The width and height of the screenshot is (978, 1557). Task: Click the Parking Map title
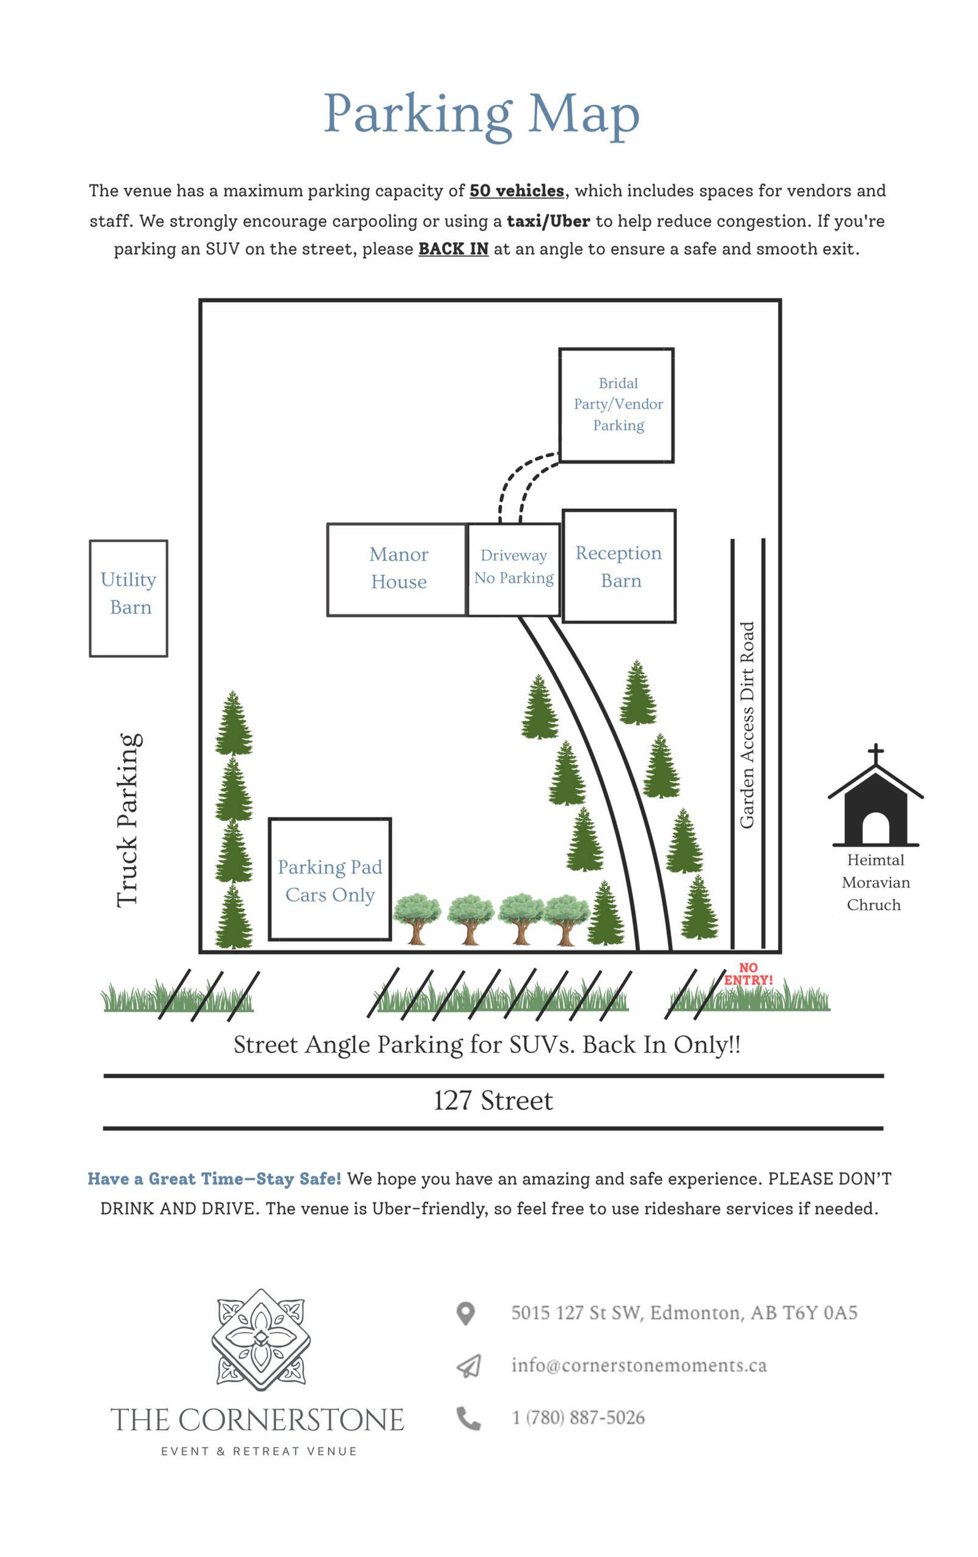482,114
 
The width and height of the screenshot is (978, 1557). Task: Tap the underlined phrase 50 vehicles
517,191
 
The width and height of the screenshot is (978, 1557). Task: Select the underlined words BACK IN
453,249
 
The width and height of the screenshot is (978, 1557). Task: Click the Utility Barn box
128,598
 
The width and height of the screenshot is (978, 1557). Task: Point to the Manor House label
398,568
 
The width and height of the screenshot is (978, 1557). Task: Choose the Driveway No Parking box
513,569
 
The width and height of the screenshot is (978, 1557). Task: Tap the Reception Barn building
619,566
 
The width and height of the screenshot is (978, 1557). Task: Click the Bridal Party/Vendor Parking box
617,405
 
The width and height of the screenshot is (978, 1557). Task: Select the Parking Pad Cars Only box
329,879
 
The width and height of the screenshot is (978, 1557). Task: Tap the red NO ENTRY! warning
748,973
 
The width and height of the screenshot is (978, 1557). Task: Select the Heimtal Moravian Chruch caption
875,882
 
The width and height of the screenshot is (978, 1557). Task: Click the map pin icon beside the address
465,1313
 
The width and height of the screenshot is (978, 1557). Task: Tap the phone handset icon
468,1418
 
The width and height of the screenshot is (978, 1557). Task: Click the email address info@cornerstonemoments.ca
639,1365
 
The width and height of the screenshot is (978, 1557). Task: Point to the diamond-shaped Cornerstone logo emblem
260,1339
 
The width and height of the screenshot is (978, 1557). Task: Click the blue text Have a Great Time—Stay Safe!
214,1178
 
